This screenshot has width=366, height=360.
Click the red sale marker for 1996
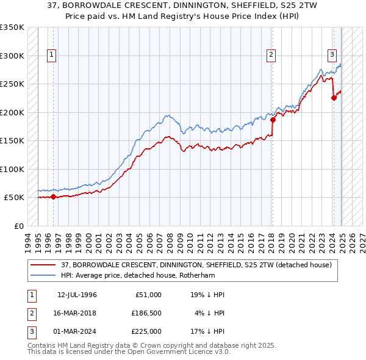[x=53, y=196]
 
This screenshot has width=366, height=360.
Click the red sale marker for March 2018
[x=273, y=120]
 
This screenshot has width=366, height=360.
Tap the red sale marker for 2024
[x=334, y=98]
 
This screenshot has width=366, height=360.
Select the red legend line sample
[x=43, y=265]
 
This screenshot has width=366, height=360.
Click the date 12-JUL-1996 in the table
[x=77, y=295]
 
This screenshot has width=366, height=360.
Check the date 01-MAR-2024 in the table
[x=77, y=331]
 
